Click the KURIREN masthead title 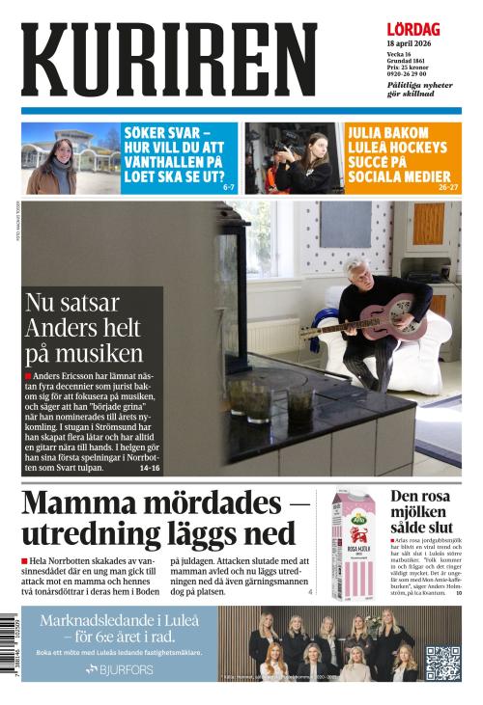(169, 61)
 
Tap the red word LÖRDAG (413, 30)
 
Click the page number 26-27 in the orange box (447, 187)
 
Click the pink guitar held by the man (386, 323)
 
